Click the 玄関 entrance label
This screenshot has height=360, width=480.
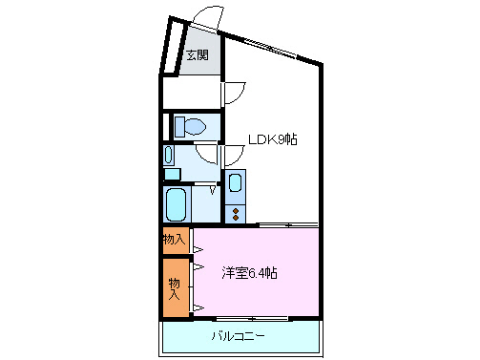click(197, 53)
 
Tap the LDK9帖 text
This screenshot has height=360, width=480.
click(273, 139)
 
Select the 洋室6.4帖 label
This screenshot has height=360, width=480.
click(250, 273)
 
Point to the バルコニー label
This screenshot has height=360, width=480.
click(238, 336)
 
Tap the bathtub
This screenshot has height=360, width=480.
click(176, 203)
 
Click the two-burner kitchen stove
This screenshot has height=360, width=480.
click(236, 212)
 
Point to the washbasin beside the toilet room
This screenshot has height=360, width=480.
click(169, 155)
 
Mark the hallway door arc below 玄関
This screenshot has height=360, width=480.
click(235, 94)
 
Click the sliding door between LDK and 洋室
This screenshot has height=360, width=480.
click(286, 225)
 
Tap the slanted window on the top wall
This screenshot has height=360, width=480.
click(273, 48)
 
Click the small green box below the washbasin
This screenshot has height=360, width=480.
click(171, 174)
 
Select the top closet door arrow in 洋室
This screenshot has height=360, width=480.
click(198, 250)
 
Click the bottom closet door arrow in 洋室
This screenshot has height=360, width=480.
click(198, 306)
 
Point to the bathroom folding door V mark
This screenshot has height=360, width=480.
click(212, 189)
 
